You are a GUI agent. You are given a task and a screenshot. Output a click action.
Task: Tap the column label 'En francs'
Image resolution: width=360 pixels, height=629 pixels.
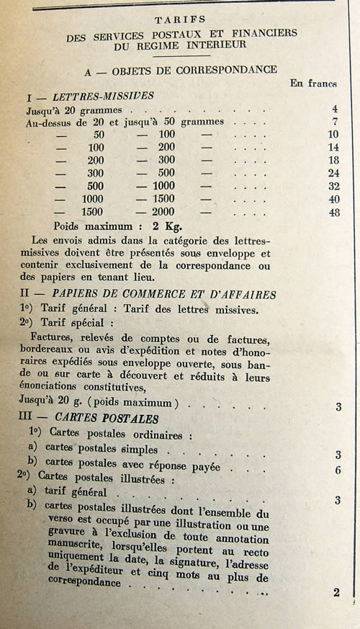(313, 83)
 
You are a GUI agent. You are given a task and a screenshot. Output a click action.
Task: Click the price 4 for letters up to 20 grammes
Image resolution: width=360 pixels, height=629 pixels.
(335, 110)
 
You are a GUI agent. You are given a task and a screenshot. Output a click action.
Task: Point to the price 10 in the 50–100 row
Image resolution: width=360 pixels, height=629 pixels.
(332, 135)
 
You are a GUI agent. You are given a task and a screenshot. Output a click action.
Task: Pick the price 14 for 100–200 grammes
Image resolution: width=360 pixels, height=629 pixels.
(332, 147)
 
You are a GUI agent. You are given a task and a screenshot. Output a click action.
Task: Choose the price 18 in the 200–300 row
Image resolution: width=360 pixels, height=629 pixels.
(332, 160)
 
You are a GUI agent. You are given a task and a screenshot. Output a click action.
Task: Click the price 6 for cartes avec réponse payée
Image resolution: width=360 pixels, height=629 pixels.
(337, 470)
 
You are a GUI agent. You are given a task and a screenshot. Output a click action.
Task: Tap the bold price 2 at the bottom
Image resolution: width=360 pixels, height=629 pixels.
(336, 593)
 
